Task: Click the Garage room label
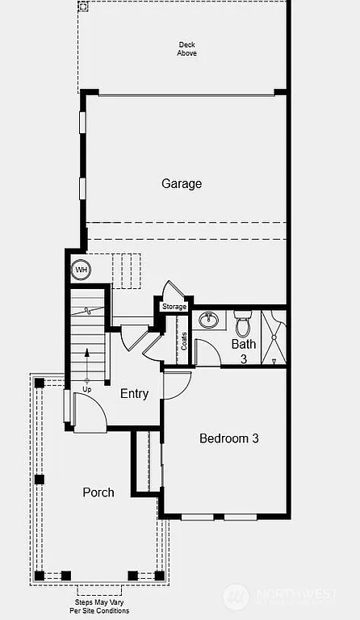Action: (x=182, y=184)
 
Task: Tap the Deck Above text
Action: (x=186, y=48)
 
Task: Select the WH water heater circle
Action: (x=82, y=269)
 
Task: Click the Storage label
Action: (x=174, y=307)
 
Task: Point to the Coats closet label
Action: (x=184, y=341)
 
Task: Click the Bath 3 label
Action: (x=244, y=350)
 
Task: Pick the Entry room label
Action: (x=134, y=394)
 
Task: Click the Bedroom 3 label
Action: (x=229, y=439)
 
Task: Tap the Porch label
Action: (x=98, y=492)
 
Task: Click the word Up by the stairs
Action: (x=87, y=390)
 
